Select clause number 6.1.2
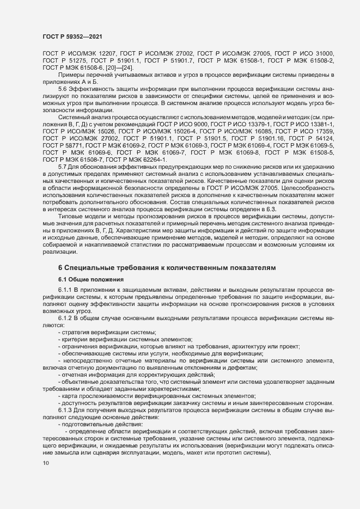(65, 316)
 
